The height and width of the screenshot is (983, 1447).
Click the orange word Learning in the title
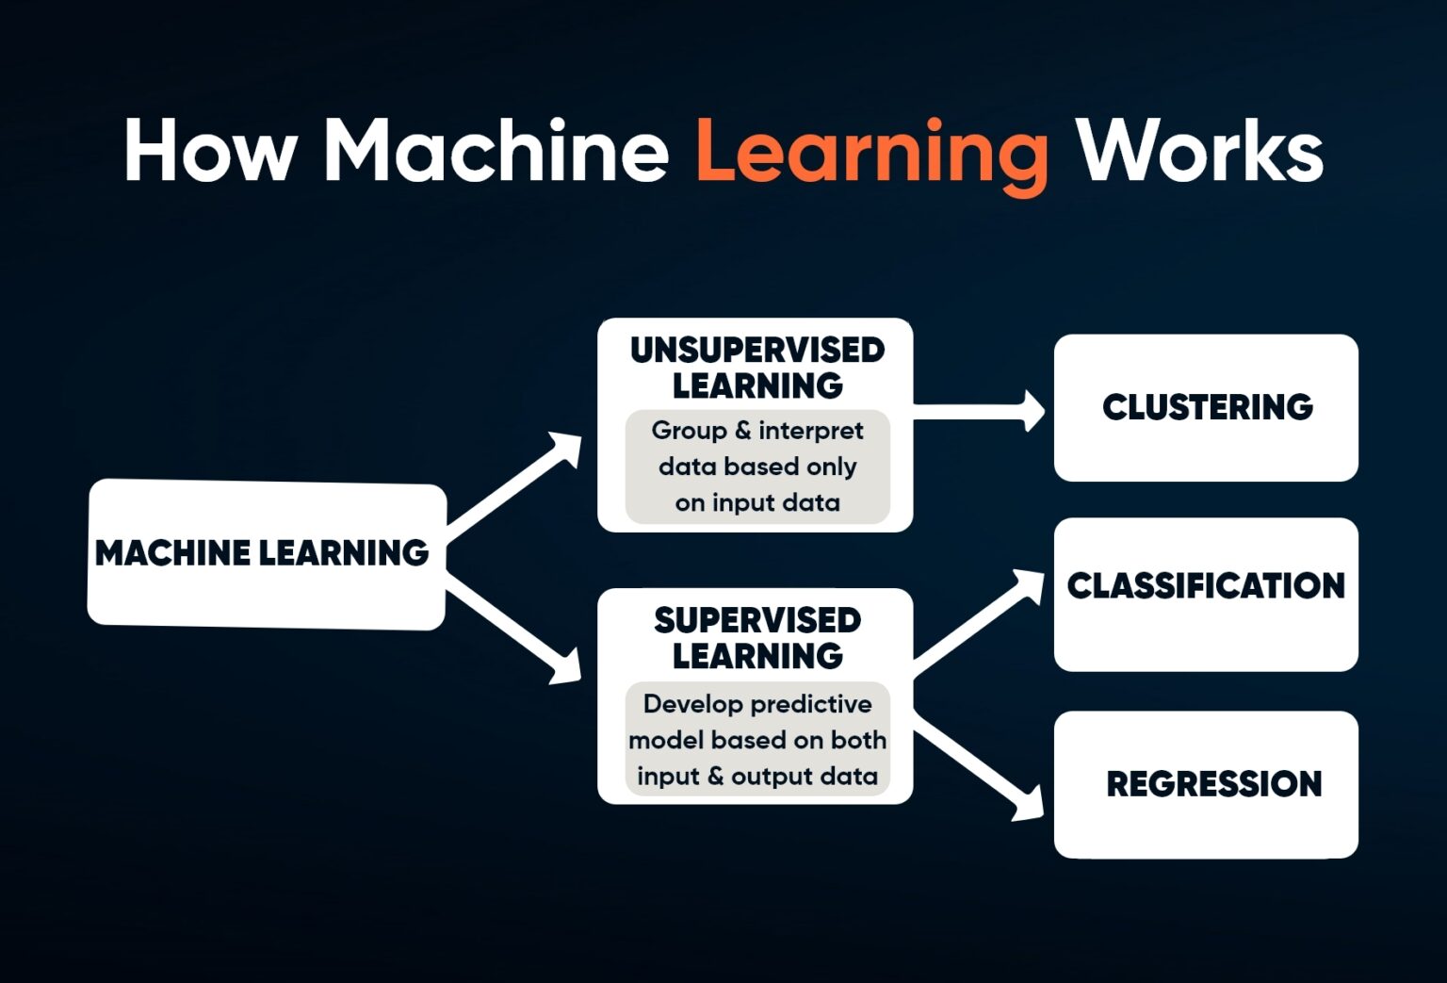871,153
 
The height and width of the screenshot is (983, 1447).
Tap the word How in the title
210,151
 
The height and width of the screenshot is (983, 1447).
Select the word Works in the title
1200,151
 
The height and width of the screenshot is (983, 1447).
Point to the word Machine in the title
496,151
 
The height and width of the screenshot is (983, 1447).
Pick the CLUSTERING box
1206,407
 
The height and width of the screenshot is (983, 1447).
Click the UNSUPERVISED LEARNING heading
757,368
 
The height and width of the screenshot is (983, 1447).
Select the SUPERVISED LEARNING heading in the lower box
757,638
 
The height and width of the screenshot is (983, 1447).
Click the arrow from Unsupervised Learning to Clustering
980,411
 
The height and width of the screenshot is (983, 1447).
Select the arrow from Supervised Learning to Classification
980,622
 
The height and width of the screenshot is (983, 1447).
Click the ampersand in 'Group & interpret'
742,431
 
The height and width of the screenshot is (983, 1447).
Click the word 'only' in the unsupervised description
831,467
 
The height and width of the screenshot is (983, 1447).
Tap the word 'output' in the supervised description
772,777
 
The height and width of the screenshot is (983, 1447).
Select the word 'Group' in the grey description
689,431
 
